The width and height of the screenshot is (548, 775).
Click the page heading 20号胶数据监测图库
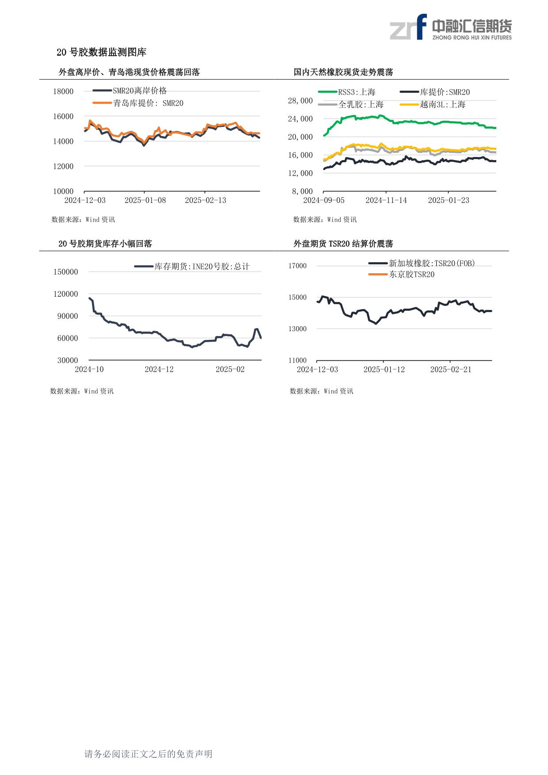coord(101,52)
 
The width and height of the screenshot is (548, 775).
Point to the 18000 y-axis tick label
coord(63,92)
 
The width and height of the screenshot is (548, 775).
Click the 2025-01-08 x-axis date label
coord(145,200)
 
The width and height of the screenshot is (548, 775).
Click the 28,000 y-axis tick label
coord(300,101)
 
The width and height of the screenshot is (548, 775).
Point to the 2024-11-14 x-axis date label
coord(386,200)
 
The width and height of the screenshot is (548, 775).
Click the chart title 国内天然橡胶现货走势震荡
coord(343,72)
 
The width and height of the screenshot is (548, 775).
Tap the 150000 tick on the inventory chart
coord(65,272)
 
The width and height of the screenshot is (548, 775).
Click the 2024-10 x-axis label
coord(89,369)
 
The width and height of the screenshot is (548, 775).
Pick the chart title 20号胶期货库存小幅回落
coord(105,244)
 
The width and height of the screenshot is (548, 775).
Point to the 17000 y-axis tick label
coord(297,266)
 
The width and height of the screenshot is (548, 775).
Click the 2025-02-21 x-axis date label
coord(450,369)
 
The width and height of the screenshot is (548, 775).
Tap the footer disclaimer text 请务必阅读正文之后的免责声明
coord(148,754)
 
